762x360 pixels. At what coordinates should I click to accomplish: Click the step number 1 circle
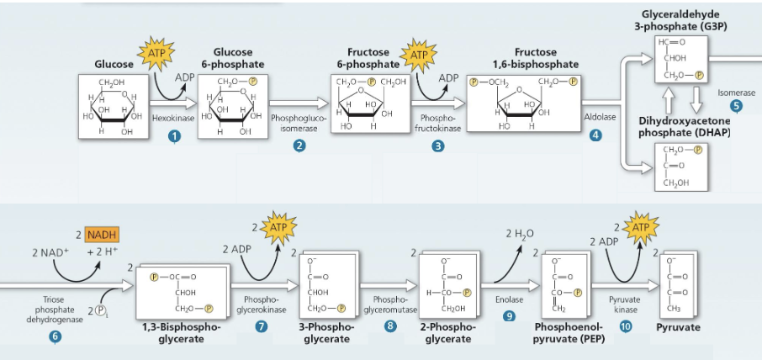point(174,136)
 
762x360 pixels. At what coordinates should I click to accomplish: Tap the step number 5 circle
point(737,107)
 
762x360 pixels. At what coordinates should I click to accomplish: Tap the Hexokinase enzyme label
point(173,119)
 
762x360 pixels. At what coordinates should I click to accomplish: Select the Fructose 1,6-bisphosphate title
point(535,58)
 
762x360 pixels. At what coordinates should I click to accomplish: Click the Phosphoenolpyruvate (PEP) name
point(564,332)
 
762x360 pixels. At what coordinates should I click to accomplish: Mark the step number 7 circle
point(262,326)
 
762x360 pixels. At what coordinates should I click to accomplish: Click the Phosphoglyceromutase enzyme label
point(389,304)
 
